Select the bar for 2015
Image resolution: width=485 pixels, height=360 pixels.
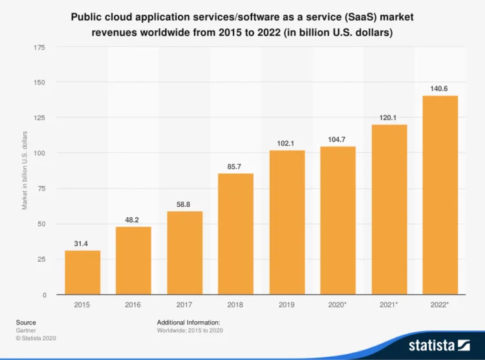pos(82,272)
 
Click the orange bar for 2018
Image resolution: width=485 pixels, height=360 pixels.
pos(235,234)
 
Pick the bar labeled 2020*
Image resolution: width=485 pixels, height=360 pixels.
pos(338,220)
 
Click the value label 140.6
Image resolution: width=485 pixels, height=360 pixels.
pos(440,88)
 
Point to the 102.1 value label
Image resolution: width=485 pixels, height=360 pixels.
pos(286,143)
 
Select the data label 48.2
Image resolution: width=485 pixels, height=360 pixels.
pos(133,219)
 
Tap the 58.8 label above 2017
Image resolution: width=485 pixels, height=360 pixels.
pos(184,204)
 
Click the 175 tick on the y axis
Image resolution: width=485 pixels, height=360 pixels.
pos(39,47)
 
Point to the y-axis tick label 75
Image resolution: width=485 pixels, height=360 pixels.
pos(41,189)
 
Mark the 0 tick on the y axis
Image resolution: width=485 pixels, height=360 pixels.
pos(44,295)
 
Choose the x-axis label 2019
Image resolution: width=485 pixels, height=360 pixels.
pos(286,303)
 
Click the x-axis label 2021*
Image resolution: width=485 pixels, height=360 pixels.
pos(389,303)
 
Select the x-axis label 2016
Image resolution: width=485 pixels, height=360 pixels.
pos(133,303)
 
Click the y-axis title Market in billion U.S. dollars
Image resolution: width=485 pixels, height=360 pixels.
pos(25,170)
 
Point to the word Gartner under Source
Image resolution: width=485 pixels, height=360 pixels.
pos(27,330)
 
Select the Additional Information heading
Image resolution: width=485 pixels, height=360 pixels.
pos(189,322)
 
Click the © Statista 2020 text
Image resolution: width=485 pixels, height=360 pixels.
pos(37,338)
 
